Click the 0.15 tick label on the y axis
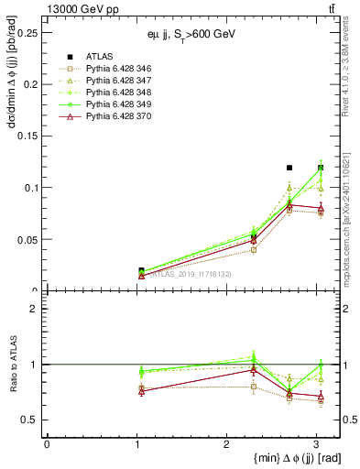[x=28, y=136]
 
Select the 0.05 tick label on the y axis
[x=28, y=239]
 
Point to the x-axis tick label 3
[x=316, y=444]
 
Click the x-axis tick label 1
[x=136, y=444]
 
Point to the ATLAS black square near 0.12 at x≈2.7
[x=289, y=168]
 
